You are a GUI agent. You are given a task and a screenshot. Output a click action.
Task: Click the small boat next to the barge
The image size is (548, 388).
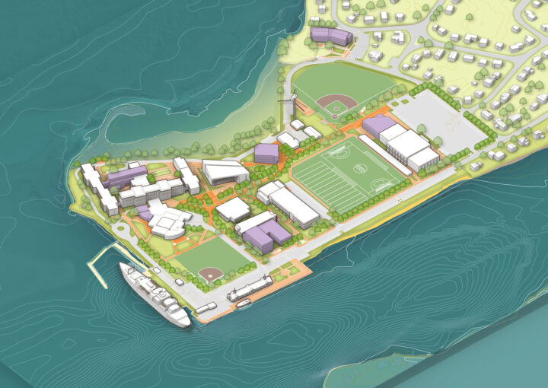[x=243, y=303]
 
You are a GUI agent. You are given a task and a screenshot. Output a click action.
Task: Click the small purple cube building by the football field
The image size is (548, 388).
[x=266, y=153]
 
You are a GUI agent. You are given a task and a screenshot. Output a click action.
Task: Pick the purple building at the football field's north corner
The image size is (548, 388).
[x=378, y=126]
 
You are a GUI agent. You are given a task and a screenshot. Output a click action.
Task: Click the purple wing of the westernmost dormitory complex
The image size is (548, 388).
[x=126, y=177]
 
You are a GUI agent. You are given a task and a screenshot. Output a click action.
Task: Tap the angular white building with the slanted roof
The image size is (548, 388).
[x=225, y=171]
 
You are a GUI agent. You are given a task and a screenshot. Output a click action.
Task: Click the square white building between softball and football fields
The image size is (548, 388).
[x=233, y=209]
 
